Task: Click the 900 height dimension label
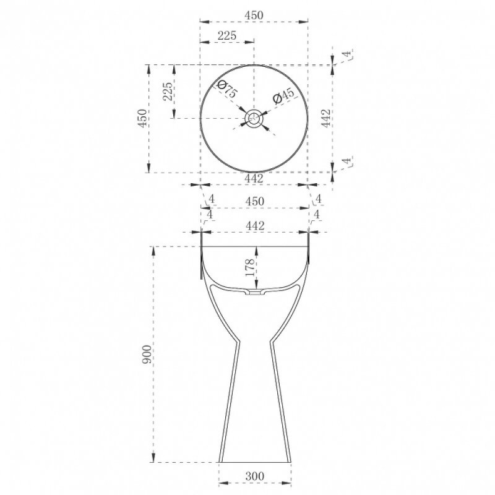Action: [x=147, y=354]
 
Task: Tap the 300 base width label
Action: [x=255, y=476]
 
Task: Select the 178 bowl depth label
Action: [x=250, y=267]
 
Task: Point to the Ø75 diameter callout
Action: [x=227, y=88]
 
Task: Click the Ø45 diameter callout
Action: [x=283, y=96]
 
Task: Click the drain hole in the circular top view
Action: [x=254, y=119]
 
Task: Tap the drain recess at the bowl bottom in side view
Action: [x=255, y=292]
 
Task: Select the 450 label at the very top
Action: [x=254, y=15]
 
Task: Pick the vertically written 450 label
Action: [x=142, y=118]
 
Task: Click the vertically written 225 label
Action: [x=168, y=92]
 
